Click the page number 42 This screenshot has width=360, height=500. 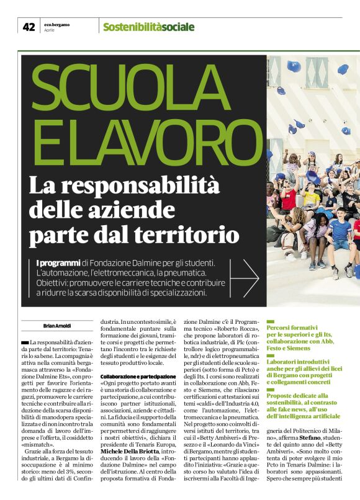(x=29, y=27)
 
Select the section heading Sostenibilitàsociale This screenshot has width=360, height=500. (x=148, y=27)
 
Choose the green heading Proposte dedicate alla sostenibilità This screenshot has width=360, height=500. (x=297, y=395)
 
